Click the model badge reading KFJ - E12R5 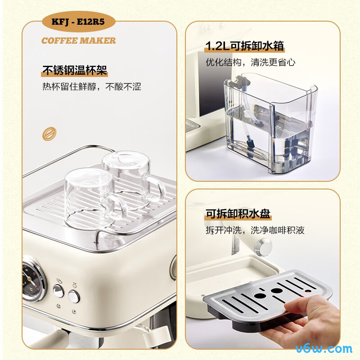tap(78, 22)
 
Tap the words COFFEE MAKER tap(78, 40)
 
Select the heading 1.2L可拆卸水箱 tap(245, 46)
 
